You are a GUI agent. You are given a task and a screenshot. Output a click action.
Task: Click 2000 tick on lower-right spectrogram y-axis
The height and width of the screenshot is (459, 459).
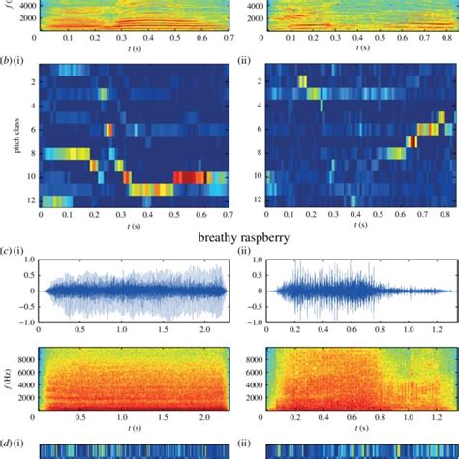click(x=252, y=398)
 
